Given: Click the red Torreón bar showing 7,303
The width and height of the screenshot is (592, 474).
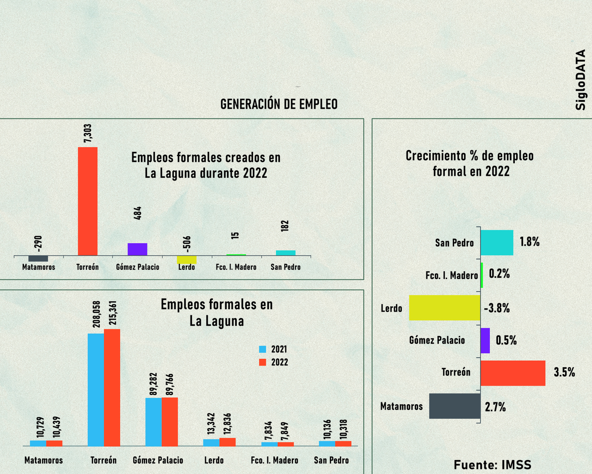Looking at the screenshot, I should coord(87,201).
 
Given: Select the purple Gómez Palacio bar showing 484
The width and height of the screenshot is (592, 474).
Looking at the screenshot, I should coord(137,249).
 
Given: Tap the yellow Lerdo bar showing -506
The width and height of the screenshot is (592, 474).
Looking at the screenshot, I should coord(187,259).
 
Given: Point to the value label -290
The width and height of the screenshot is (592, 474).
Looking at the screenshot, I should coord(38,244).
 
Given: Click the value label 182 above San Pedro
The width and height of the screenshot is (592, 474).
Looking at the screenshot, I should coord(285,226).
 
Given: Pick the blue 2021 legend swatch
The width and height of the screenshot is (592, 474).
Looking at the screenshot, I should coord(263,349).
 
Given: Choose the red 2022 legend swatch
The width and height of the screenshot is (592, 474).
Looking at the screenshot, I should coord(263,362).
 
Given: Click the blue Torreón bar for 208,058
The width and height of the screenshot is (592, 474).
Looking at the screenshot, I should coord(96,390).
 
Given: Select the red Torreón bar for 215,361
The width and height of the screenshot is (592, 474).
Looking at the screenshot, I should coord(112,388).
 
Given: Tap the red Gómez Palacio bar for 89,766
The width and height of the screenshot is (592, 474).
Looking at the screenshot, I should coord(170,422).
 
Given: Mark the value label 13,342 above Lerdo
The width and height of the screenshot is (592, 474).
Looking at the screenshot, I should coord(211,423).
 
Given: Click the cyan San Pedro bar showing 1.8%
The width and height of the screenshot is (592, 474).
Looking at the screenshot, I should coord(497,243).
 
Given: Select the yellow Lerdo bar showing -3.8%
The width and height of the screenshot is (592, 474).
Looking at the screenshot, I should coord(444,308).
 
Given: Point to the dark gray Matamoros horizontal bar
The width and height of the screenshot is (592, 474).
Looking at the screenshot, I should coord(455,406).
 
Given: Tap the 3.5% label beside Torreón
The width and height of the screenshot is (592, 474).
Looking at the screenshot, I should coord(564,372).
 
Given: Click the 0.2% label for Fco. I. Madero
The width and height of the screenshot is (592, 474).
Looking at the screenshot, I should coord(499,274).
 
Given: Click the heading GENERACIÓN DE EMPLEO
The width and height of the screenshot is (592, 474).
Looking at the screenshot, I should coord(279,104).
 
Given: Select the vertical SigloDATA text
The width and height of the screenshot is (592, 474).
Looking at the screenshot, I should coord(580,80).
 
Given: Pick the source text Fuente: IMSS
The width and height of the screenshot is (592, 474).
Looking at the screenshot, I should coord(493,465).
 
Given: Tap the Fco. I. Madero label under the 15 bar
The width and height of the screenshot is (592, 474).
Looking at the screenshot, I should coord(236,267).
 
